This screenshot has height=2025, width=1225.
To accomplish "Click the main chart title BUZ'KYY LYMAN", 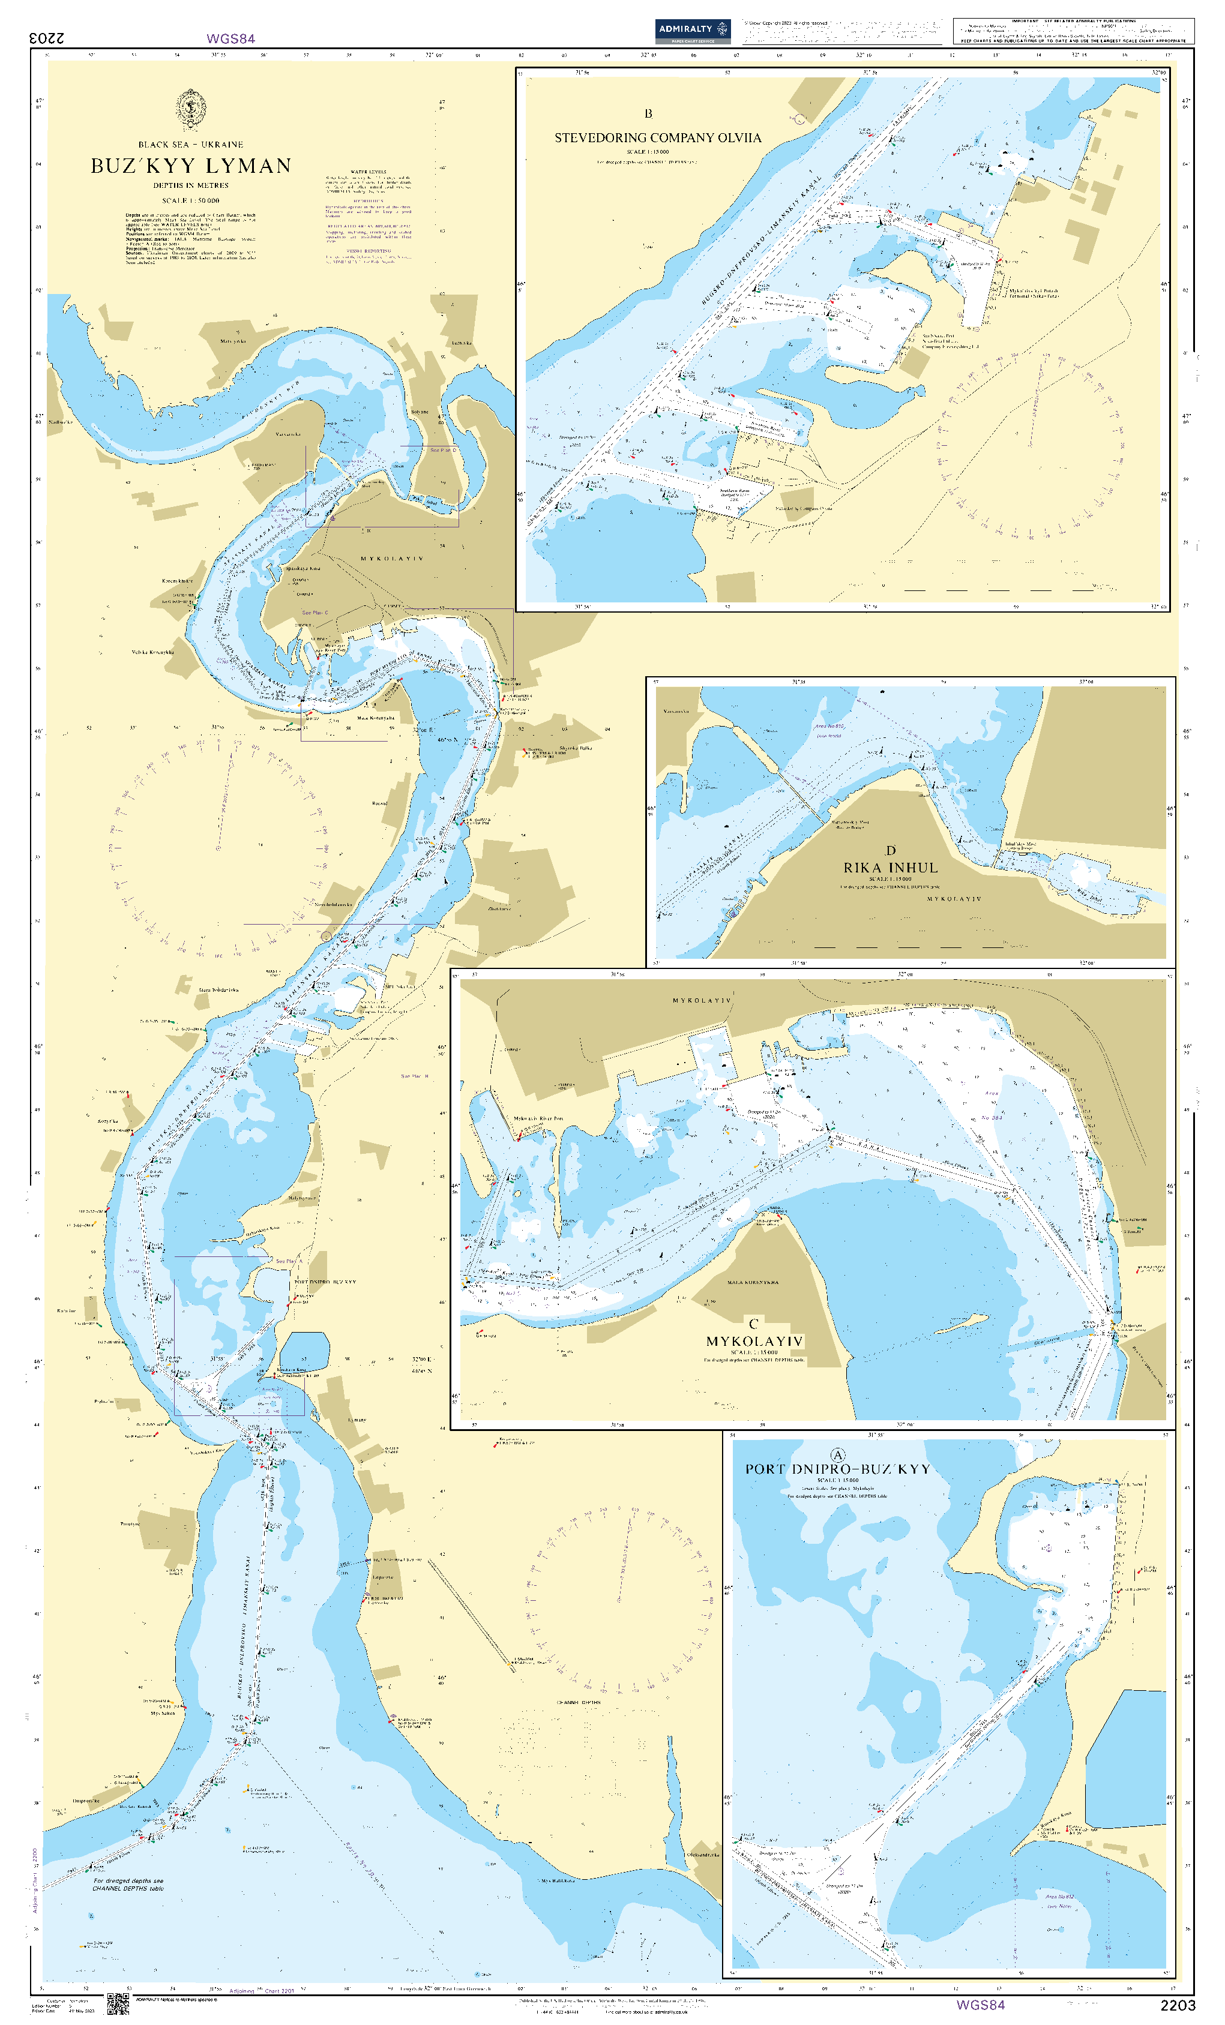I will [191, 166].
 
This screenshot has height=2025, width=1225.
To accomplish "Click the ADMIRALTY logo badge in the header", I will [692, 31].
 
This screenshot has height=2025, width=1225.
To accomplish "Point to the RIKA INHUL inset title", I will [889, 868].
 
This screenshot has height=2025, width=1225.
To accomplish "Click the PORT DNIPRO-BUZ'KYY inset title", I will [837, 1469].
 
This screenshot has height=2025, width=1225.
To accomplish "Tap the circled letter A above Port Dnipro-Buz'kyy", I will [838, 1454].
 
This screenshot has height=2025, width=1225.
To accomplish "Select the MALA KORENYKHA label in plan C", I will [752, 1282].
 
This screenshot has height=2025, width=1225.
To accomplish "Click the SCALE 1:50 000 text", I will [191, 200].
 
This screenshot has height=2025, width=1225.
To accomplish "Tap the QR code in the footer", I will [118, 2005].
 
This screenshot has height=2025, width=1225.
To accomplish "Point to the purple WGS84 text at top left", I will [230, 38].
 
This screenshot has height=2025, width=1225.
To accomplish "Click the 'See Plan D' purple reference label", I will [442, 451].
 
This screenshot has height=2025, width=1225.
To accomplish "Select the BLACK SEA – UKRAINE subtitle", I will [191, 145].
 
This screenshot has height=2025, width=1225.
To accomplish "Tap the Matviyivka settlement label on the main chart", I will [233, 341].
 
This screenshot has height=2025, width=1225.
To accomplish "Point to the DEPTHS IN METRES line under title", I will [191, 186].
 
